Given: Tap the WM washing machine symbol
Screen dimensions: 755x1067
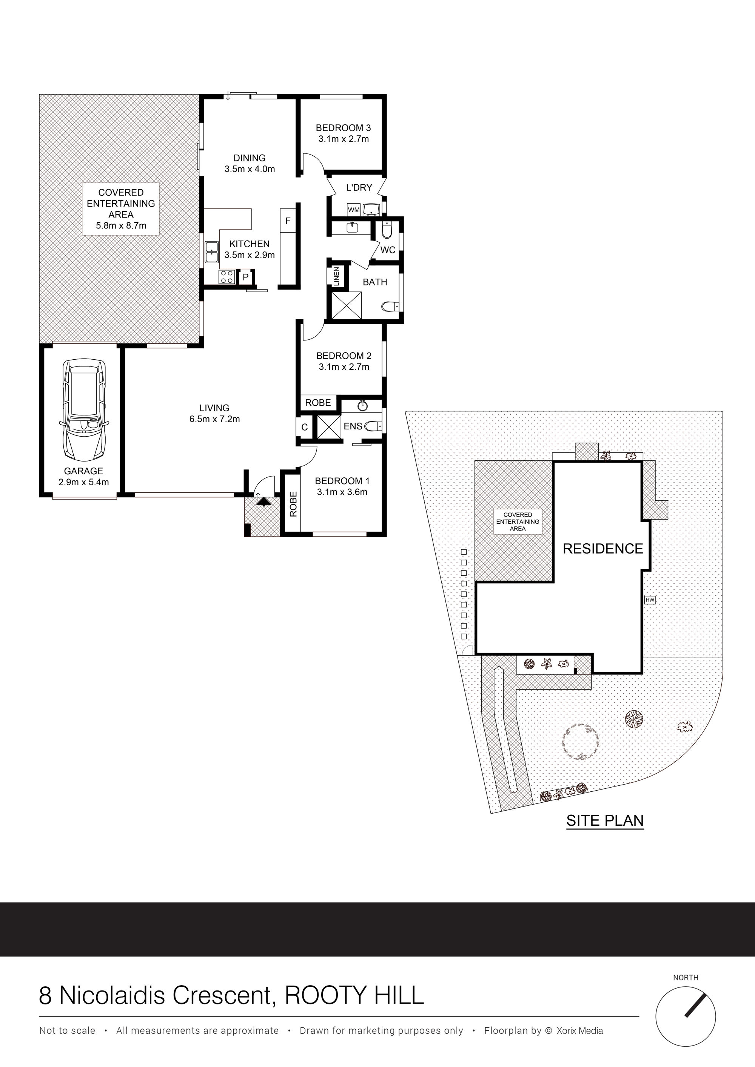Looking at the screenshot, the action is click(x=354, y=210).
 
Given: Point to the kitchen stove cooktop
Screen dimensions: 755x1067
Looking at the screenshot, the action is click(x=227, y=277).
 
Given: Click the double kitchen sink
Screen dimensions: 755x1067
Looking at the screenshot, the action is click(x=212, y=252).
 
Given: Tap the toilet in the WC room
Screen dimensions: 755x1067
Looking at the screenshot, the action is click(x=387, y=230).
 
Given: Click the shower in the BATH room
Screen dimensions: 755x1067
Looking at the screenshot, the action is click(x=346, y=305).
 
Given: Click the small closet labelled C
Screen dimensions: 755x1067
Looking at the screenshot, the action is click(x=305, y=427).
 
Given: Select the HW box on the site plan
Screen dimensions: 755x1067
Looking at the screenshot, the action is click(x=650, y=600).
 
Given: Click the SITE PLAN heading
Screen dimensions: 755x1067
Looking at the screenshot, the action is click(x=605, y=820).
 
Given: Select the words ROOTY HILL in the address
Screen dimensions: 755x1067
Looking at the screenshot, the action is click(x=354, y=995).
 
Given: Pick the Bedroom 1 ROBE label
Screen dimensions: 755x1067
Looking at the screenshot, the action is click(x=293, y=504).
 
